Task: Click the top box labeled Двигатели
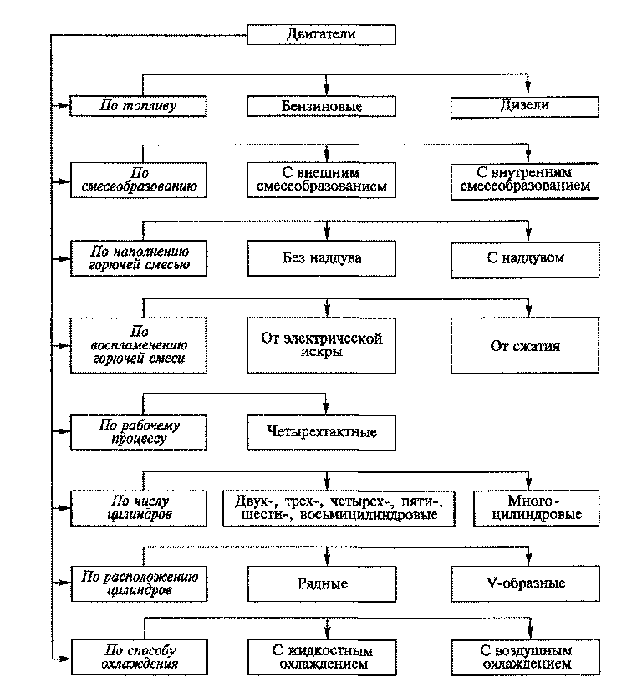point(321,34)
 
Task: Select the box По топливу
point(139,106)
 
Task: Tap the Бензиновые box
point(321,106)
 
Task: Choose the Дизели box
point(525,107)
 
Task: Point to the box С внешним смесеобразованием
point(321,180)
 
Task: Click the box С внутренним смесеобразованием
point(525,181)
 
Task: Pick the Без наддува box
point(322,258)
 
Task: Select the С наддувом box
point(525,260)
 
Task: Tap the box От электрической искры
point(321,345)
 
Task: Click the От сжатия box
point(525,345)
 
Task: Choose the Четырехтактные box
point(322,432)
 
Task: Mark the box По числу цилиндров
point(139,508)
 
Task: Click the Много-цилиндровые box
point(536,508)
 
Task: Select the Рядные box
point(322,584)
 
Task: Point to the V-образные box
point(525,583)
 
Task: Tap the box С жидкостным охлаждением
point(322,657)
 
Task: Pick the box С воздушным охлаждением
point(526,657)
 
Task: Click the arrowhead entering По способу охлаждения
point(65,659)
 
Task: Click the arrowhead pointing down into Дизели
point(528,89)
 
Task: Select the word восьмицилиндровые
point(369,515)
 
